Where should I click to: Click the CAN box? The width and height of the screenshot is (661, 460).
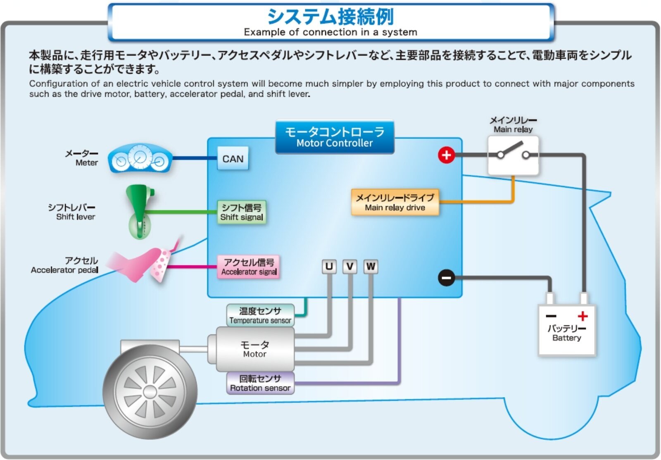pos(233,158)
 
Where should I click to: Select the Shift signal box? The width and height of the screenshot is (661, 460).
pos(242,212)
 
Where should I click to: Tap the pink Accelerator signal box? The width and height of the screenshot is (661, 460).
pos(249,267)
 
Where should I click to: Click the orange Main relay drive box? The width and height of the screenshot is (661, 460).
pos(395,202)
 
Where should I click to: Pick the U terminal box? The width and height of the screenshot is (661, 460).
pos(329,267)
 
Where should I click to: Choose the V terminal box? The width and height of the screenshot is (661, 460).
pos(350,267)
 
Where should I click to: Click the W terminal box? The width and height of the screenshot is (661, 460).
pos(371,267)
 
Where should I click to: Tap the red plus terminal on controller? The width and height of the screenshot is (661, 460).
pos(446,155)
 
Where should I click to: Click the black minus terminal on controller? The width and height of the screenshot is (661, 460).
pos(446,277)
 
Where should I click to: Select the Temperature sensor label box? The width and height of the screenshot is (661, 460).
pos(260,315)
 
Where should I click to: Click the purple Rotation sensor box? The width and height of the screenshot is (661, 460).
pos(260,383)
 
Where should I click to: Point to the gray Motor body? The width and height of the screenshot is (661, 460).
pos(254,349)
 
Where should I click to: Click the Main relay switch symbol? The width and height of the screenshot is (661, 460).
pos(513,155)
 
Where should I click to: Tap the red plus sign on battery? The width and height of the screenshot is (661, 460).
pos(583,316)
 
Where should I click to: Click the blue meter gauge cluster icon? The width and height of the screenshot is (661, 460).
pos(140,158)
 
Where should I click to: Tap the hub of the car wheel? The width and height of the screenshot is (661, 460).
pos(150,392)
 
